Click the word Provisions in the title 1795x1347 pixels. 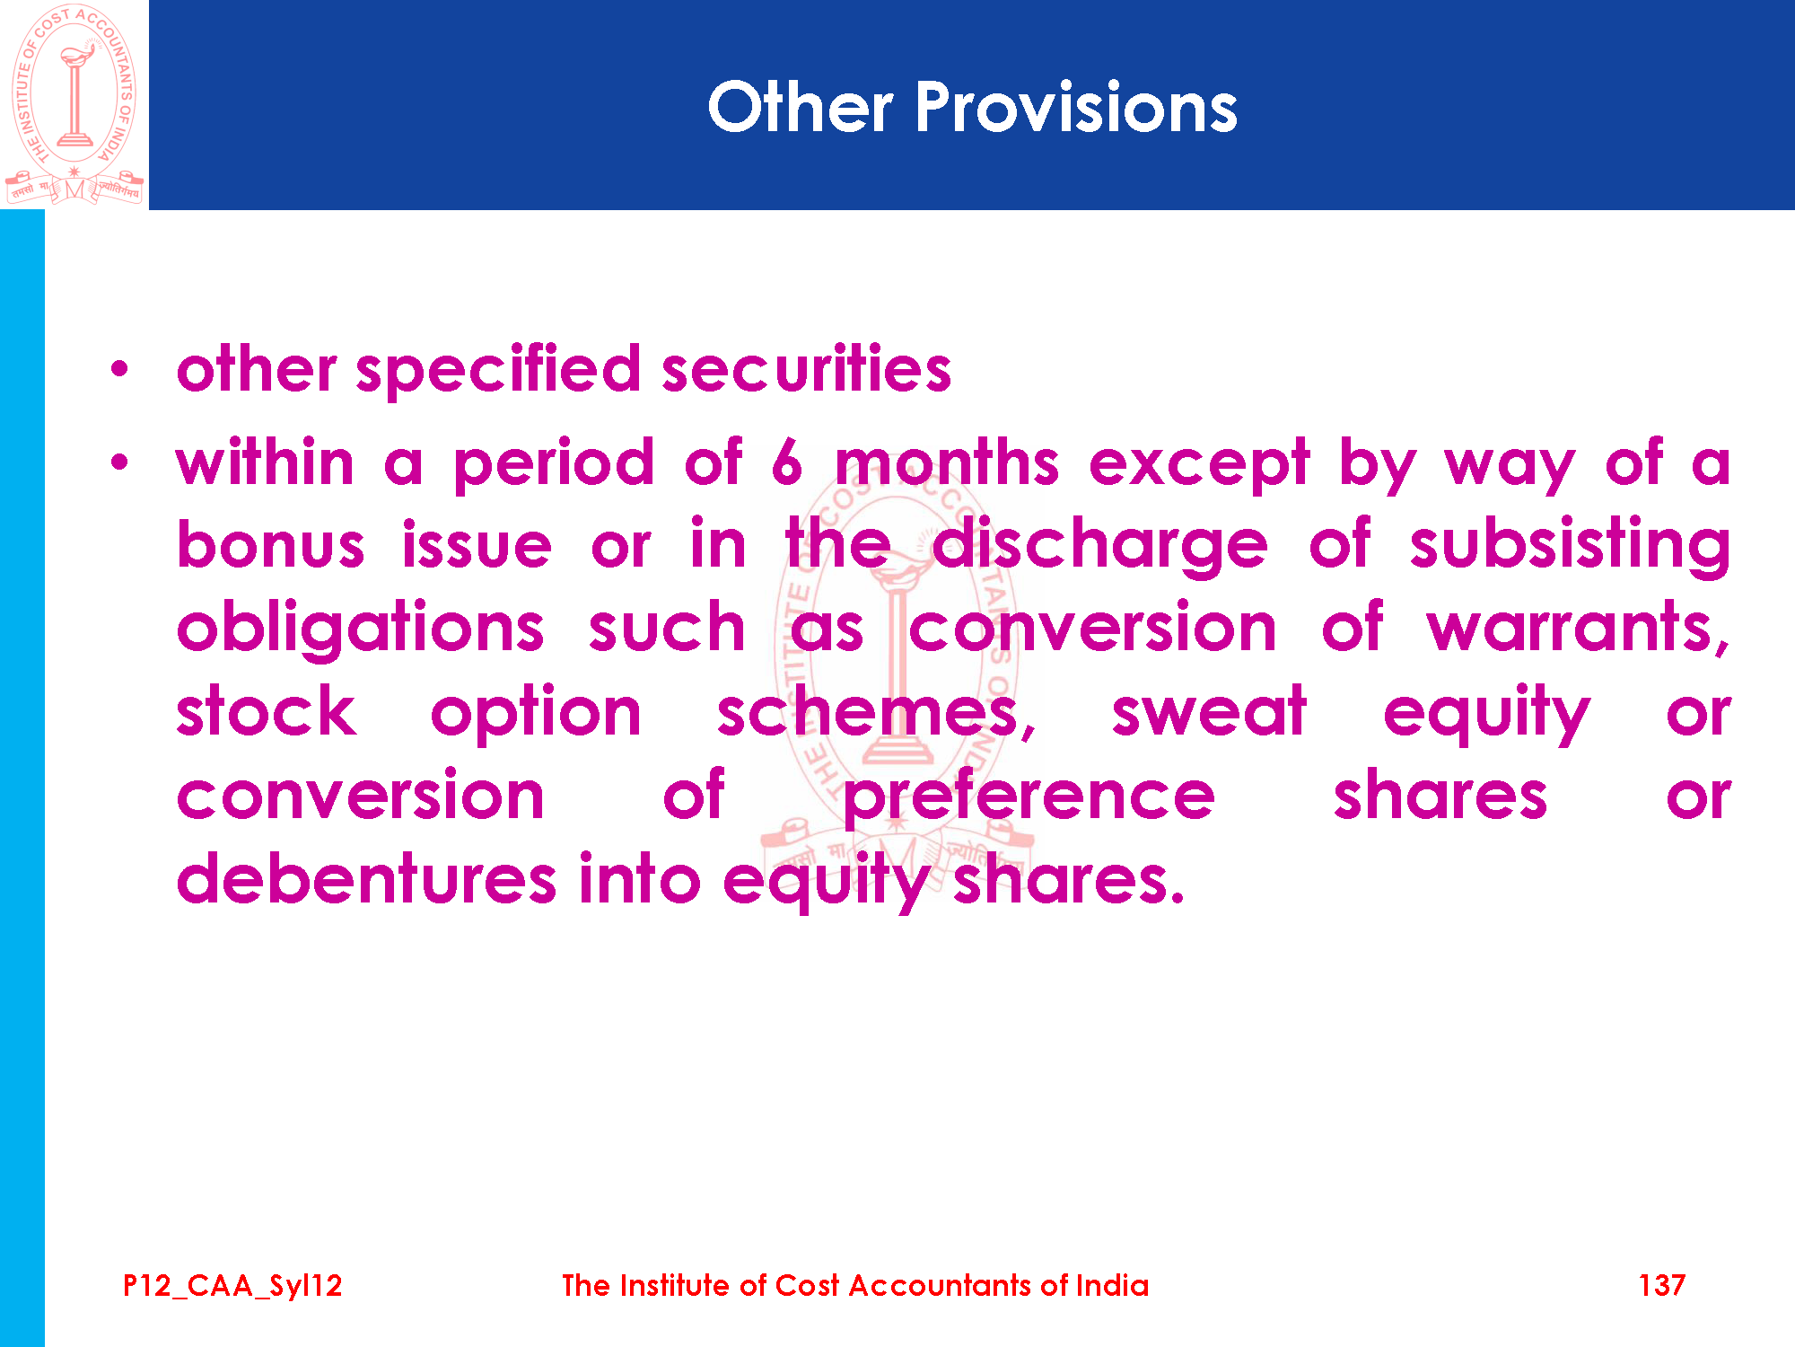coord(1076,108)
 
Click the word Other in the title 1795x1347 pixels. coord(800,108)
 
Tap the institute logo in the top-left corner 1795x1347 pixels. coord(74,105)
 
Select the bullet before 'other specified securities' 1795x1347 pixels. coord(119,369)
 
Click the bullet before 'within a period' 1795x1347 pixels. coord(119,463)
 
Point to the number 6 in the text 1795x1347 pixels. coord(787,462)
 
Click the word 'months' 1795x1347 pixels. coord(947,462)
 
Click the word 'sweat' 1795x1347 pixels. coord(1209,711)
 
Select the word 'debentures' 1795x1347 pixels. coord(367,877)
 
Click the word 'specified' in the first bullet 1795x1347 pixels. coord(499,370)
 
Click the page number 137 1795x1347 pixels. coord(1662,1286)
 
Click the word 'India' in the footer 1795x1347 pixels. coord(1112,1286)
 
